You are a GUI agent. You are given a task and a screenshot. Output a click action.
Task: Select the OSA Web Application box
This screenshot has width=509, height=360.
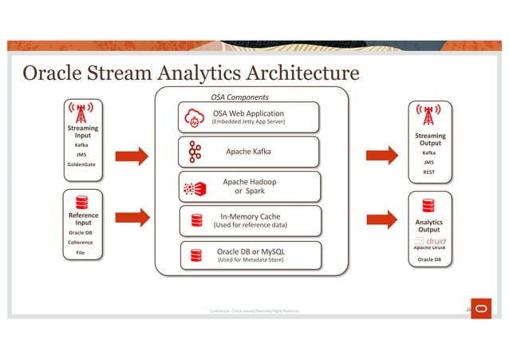click(249, 117)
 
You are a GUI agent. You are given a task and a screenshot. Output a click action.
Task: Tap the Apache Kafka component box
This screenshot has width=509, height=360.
click(249, 151)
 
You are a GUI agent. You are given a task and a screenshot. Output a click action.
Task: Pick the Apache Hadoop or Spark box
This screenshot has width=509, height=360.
click(249, 187)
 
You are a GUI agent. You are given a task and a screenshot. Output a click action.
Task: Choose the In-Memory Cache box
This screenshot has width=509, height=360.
click(249, 220)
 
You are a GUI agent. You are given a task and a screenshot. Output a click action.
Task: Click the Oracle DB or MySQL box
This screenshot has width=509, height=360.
click(249, 255)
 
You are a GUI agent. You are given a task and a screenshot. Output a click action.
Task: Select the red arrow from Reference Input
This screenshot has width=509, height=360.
click(132, 216)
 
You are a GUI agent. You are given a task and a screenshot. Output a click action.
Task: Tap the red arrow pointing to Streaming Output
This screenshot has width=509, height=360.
click(381, 156)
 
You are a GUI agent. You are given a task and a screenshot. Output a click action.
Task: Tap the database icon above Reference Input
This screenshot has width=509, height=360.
click(81, 203)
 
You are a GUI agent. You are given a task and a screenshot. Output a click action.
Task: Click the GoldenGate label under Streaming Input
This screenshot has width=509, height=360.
click(81, 165)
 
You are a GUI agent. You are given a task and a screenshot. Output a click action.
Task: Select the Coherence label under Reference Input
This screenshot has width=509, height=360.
click(81, 243)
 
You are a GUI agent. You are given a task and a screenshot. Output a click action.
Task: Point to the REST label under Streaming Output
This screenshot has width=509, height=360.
click(428, 172)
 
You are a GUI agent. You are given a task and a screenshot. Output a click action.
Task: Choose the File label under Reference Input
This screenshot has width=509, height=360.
click(81, 252)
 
